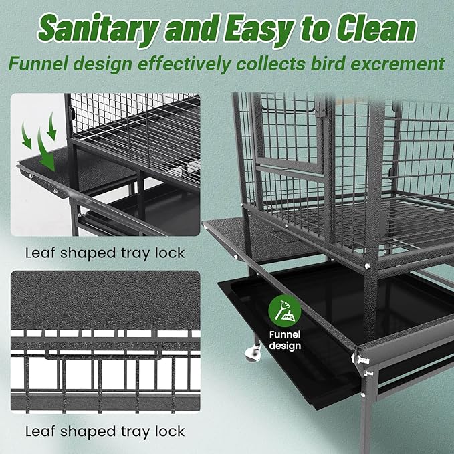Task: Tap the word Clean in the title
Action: [376, 28]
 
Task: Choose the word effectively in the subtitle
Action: [184, 64]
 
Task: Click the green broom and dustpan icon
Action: [285, 311]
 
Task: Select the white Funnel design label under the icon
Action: [285, 340]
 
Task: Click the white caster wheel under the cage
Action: [252, 353]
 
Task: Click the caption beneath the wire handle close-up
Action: [105, 431]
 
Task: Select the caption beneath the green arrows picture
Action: [105, 253]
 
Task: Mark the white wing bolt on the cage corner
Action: [360, 359]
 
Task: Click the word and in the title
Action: [191, 29]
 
